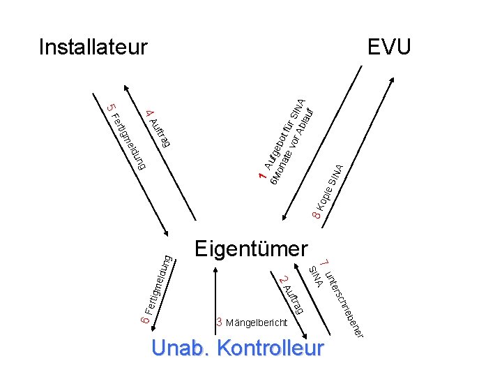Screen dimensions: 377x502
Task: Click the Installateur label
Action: (x=93, y=47)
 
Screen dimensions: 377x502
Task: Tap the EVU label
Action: (x=390, y=47)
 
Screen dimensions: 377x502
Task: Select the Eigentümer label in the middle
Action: (x=251, y=248)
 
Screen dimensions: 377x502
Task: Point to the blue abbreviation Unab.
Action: (x=178, y=348)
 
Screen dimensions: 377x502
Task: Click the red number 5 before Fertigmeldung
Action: (x=109, y=108)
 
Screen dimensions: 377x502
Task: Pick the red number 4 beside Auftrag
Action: (x=149, y=113)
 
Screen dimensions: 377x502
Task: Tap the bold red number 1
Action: (x=261, y=179)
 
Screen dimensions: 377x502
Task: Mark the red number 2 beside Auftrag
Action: (x=282, y=281)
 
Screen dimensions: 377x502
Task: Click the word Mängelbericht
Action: (x=257, y=323)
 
